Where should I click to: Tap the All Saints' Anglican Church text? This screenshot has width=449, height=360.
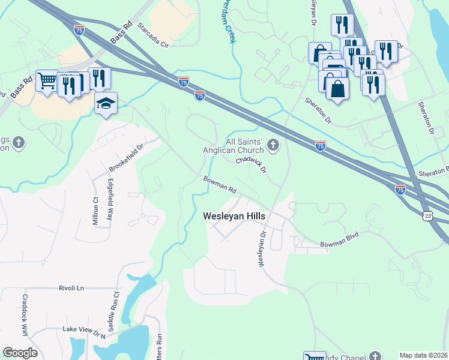(x=244, y=146)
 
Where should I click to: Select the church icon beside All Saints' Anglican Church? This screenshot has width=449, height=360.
(x=274, y=144)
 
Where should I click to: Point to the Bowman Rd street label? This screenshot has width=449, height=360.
(x=220, y=184)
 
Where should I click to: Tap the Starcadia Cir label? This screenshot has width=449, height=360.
(x=154, y=35)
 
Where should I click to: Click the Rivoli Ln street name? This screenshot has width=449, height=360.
(x=71, y=288)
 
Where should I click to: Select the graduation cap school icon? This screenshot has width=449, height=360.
(x=106, y=103)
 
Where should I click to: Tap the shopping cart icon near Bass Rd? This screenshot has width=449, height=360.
(x=47, y=80)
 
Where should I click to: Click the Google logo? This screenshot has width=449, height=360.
(x=20, y=353)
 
